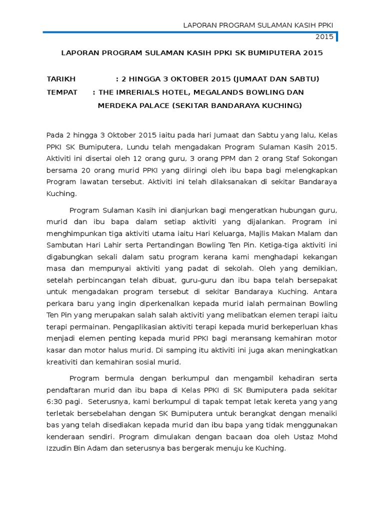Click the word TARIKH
[x=61, y=79]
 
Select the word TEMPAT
[x=62, y=92]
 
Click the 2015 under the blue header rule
[x=324, y=37]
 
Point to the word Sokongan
[x=319, y=158]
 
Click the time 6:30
[x=55, y=402]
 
